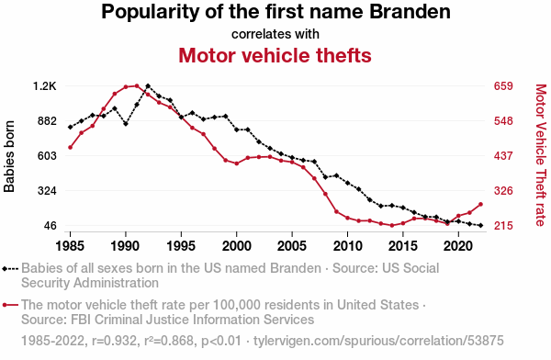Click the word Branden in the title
point(410,11)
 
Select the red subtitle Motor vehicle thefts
point(275,55)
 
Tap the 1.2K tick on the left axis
point(45,86)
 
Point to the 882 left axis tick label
point(47,121)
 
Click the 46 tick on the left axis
point(50,225)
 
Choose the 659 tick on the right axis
point(503,86)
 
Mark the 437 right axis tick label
point(503,156)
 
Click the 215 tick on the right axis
point(503,225)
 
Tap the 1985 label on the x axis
point(70,246)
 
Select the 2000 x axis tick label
point(237,246)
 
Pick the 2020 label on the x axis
point(458,246)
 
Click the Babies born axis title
point(9,156)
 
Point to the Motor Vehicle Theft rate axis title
point(541,155)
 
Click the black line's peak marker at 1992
point(148,85)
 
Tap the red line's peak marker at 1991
point(137,85)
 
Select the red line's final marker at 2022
point(480,204)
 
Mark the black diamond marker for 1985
point(71,127)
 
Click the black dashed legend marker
point(10,269)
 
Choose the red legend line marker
point(10,305)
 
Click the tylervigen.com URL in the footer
point(378,341)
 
